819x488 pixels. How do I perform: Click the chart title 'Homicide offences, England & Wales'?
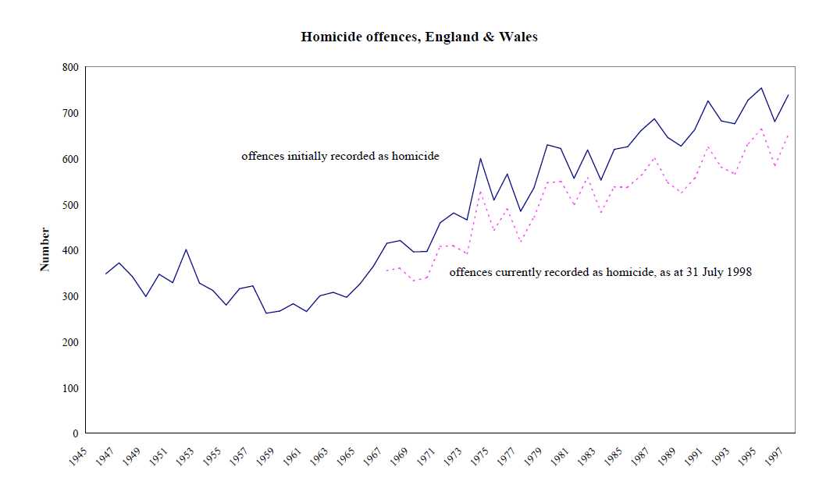point(419,37)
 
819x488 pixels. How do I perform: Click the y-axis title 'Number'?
point(45,249)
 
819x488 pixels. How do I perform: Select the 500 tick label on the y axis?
point(69,205)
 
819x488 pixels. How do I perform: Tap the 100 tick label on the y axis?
point(69,388)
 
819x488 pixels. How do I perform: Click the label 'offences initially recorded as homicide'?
point(340,156)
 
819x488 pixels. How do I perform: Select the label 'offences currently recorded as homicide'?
point(547,272)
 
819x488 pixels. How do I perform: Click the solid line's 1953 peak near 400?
point(186,249)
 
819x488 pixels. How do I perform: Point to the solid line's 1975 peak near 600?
point(481,158)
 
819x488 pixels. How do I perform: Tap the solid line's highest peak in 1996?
point(761,87)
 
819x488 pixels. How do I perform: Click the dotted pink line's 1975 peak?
point(481,190)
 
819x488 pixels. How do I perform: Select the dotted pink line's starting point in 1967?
point(386,271)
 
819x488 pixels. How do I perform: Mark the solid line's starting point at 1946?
point(105,274)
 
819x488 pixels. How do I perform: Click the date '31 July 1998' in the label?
point(718,272)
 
